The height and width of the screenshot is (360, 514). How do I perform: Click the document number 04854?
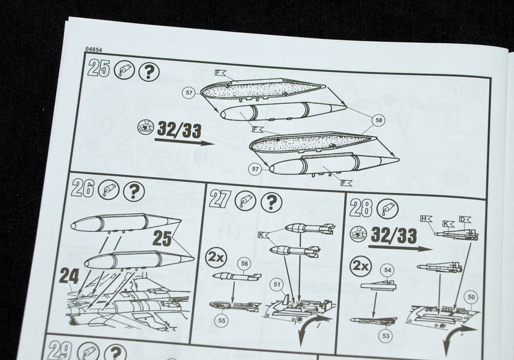94,50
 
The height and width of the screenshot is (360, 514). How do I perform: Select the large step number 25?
99,69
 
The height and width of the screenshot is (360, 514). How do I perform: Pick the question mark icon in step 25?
149,72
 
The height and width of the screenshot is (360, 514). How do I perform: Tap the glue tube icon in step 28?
387,209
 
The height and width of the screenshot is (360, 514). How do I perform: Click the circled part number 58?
379,120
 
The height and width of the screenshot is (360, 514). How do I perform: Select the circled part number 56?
245,263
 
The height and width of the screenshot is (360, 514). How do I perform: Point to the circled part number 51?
277,284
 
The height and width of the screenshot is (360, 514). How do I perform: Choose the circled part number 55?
222,320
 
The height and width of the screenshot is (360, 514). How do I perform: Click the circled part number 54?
388,270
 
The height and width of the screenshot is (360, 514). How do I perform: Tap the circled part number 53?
386,336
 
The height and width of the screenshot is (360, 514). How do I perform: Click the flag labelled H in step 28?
426,218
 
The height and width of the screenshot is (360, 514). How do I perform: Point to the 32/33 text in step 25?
179,130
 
